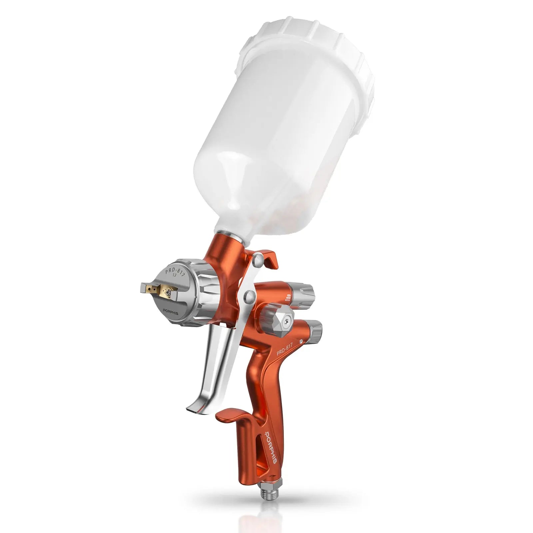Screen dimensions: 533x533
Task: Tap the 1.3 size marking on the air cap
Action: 174,275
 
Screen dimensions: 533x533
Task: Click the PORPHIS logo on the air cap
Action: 171,313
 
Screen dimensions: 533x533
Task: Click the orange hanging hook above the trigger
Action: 268,257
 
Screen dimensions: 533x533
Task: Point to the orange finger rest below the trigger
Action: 230,415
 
